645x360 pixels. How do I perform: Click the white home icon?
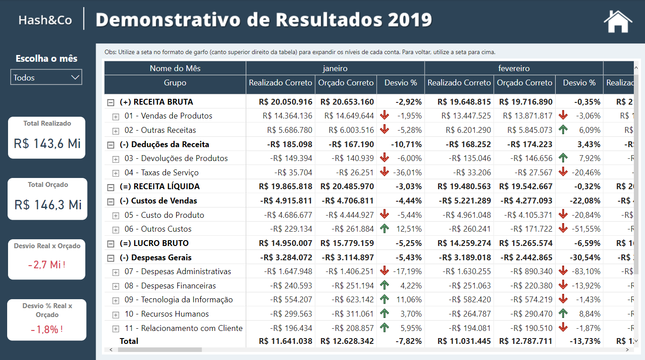(618, 21)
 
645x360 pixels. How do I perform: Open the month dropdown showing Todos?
(46, 77)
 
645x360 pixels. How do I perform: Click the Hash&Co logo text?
(45, 20)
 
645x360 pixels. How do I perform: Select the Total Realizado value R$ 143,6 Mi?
(47, 144)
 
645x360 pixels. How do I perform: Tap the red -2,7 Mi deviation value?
(46, 265)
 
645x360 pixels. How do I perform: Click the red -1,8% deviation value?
(46, 330)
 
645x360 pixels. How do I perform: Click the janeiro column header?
(335, 68)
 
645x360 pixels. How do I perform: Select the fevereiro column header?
(514, 68)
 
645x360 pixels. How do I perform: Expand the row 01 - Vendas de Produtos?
(116, 117)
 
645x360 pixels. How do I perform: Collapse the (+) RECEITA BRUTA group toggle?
(110, 102)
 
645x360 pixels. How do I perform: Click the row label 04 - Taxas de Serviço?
(161, 173)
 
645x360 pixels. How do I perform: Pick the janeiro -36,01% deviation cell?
(407, 173)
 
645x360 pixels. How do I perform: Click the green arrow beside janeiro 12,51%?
(384, 229)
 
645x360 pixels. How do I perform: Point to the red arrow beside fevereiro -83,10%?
(563, 271)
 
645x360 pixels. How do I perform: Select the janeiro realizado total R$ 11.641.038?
(285, 341)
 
